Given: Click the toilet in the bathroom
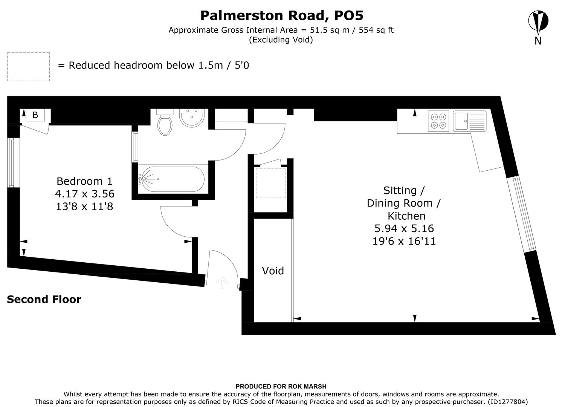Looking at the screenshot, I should pos(165,122).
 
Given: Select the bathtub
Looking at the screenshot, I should pos(172,179).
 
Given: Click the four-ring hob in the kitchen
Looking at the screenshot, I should pos(438,121).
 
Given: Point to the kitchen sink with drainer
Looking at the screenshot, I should pos(469,121).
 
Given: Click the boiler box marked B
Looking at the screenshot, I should pos(35,115).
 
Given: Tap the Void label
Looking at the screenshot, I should pos(273,271).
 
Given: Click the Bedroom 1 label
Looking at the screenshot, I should pos(84,181).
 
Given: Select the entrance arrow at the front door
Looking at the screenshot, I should pos(222,282).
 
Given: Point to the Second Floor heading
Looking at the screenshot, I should pos(44,299).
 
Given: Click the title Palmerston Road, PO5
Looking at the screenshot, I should pos(281,15).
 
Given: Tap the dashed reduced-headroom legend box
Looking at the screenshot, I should pos(28,67).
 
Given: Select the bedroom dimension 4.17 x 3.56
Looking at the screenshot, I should pos(84,194).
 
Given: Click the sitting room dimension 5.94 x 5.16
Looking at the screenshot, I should pos(404,228).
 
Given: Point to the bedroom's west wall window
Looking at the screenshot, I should pos(11,162).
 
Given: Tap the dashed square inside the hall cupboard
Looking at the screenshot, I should pos(270,183).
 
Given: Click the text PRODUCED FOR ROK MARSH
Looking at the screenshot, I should pos(281,386).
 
